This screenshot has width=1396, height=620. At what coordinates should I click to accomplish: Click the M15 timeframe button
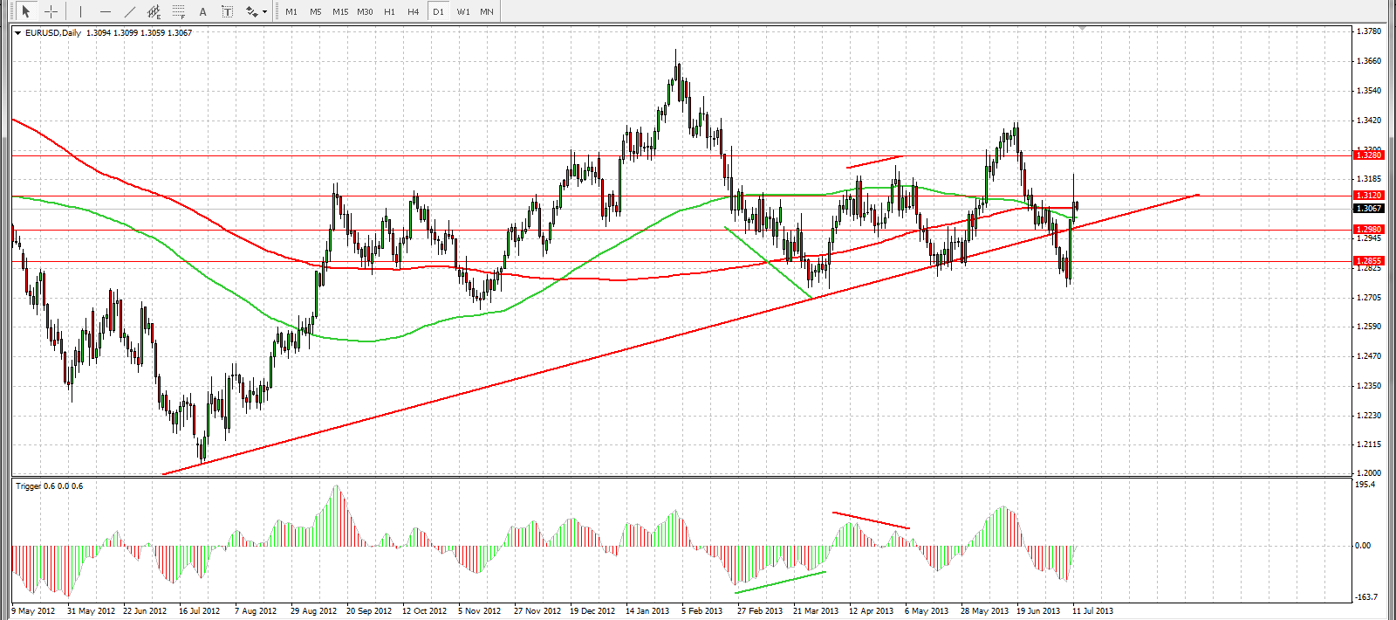coord(340,11)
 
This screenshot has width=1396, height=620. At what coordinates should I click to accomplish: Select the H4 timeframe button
coord(414,11)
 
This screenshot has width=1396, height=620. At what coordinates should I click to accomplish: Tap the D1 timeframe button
coord(438,11)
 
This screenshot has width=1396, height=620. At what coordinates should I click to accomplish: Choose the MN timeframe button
coord(487,11)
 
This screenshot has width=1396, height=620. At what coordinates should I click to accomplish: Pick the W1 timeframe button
coord(462,11)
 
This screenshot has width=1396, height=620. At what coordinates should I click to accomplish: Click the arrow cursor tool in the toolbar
coord(26,11)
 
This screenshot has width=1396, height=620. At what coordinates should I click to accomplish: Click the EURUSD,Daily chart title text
coord(52,33)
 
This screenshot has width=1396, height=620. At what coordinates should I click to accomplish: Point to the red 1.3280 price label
coord(1368,155)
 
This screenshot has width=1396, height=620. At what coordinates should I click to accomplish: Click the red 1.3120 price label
coord(1368,196)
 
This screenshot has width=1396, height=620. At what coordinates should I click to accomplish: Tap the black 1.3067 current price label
coord(1368,209)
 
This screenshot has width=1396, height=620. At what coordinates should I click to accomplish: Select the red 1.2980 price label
coord(1368,230)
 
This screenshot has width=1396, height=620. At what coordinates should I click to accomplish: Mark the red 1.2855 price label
coord(1368,261)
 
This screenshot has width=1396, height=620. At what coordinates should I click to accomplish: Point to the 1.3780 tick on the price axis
coord(1369,31)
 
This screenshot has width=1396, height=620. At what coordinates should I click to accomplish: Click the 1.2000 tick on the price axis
coord(1369,473)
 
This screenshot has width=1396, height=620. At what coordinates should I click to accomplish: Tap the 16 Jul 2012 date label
coord(199,611)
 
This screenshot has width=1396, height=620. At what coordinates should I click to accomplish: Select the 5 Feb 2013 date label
coord(701,611)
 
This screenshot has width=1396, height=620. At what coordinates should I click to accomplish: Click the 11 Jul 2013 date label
coord(1092,611)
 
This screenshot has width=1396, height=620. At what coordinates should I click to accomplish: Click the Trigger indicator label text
coord(49,486)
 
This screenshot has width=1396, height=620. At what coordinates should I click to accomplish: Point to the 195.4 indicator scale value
coord(1365,485)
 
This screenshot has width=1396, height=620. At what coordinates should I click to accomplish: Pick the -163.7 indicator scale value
coord(1365,597)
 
